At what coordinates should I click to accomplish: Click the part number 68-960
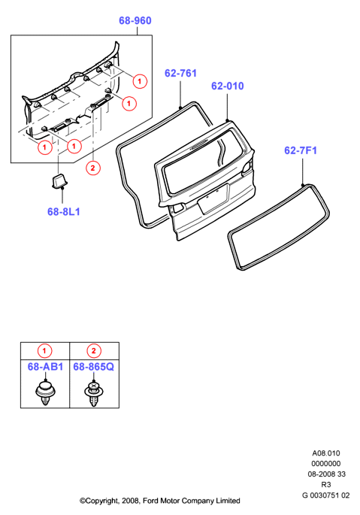[135, 21]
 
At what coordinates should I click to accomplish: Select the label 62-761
[180, 73]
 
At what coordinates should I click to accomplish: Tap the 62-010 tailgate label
[227, 86]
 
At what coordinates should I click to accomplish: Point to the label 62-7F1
[301, 150]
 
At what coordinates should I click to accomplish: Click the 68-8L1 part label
[64, 212]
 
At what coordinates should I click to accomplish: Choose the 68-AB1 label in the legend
[45, 367]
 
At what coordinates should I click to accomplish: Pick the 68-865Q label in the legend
[94, 367]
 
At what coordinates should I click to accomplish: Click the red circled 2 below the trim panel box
[92, 168]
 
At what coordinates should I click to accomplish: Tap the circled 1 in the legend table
[44, 351]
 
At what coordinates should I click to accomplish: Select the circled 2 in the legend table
[94, 351]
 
